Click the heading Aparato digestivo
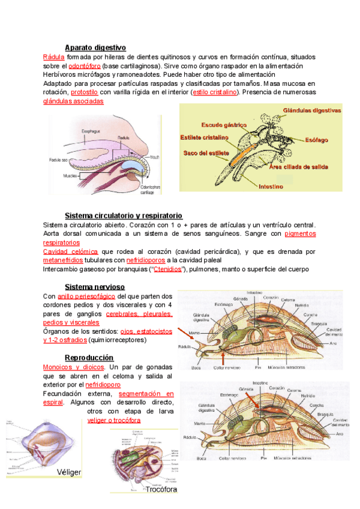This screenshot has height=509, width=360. click(x=95, y=47)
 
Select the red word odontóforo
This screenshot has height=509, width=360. click(x=84, y=65)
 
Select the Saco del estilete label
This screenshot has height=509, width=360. click(x=205, y=152)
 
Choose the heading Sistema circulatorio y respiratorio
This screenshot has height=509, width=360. click(x=124, y=215)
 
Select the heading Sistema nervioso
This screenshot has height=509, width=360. click(x=95, y=286)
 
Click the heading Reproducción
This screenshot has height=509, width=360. click(x=89, y=358)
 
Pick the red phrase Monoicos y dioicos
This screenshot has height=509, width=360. click(x=73, y=367)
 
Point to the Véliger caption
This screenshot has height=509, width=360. click(x=69, y=472)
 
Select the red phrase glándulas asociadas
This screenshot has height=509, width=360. click(x=73, y=101)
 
